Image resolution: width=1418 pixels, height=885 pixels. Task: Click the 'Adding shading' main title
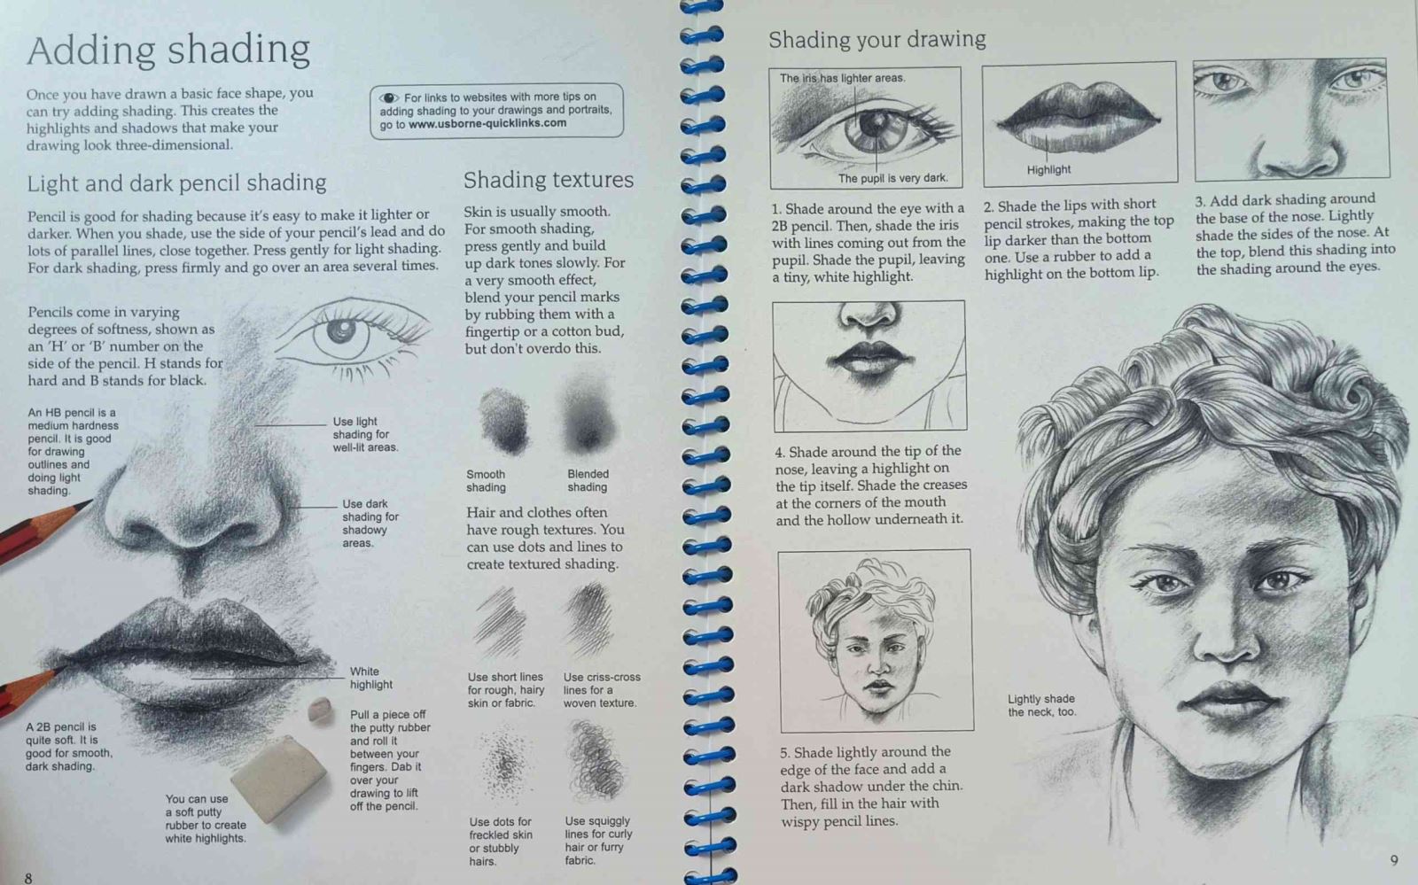click(x=168, y=50)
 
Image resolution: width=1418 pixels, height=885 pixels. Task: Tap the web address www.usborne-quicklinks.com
click(x=487, y=123)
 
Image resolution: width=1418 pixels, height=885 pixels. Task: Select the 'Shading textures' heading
click(x=549, y=181)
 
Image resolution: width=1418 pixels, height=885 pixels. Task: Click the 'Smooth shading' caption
click(x=486, y=481)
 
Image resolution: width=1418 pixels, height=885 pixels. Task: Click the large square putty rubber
click(x=279, y=777)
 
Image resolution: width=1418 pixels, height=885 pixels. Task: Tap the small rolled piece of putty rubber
click(x=320, y=710)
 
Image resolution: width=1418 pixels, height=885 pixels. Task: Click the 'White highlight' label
click(x=371, y=678)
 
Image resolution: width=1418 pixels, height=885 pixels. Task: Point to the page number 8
click(x=27, y=877)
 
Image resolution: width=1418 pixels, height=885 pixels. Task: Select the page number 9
click(x=1393, y=860)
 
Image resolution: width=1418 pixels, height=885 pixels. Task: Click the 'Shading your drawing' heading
click(x=877, y=40)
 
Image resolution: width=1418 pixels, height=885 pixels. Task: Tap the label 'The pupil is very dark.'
click(x=892, y=178)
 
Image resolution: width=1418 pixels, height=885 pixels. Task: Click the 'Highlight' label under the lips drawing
click(x=1048, y=169)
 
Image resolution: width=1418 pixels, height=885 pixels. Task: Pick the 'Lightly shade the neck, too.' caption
click(x=1041, y=705)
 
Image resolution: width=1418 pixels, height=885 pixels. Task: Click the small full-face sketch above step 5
click(x=876, y=640)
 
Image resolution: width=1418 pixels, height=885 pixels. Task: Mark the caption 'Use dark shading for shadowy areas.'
click(x=370, y=524)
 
